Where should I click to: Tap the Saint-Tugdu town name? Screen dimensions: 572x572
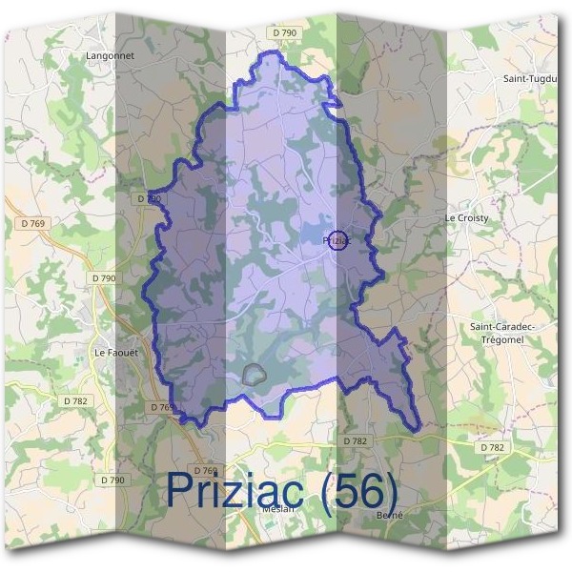pos(529,78)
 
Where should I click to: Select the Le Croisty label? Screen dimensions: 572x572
pos(467,218)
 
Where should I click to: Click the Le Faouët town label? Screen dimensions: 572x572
pos(116,352)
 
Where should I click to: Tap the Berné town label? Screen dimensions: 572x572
pos(391,515)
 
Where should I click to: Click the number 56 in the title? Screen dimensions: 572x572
pos(362,490)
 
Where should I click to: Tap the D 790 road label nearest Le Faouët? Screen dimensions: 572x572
pos(105,277)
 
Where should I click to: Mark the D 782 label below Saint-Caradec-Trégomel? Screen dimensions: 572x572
pos(492,447)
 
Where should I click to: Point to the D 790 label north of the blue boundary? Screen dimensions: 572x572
pos(284,33)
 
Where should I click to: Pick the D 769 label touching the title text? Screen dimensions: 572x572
pos(206,470)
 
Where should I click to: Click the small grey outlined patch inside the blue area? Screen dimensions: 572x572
pos(254,374)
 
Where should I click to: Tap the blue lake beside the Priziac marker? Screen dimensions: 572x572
pos(314,235)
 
